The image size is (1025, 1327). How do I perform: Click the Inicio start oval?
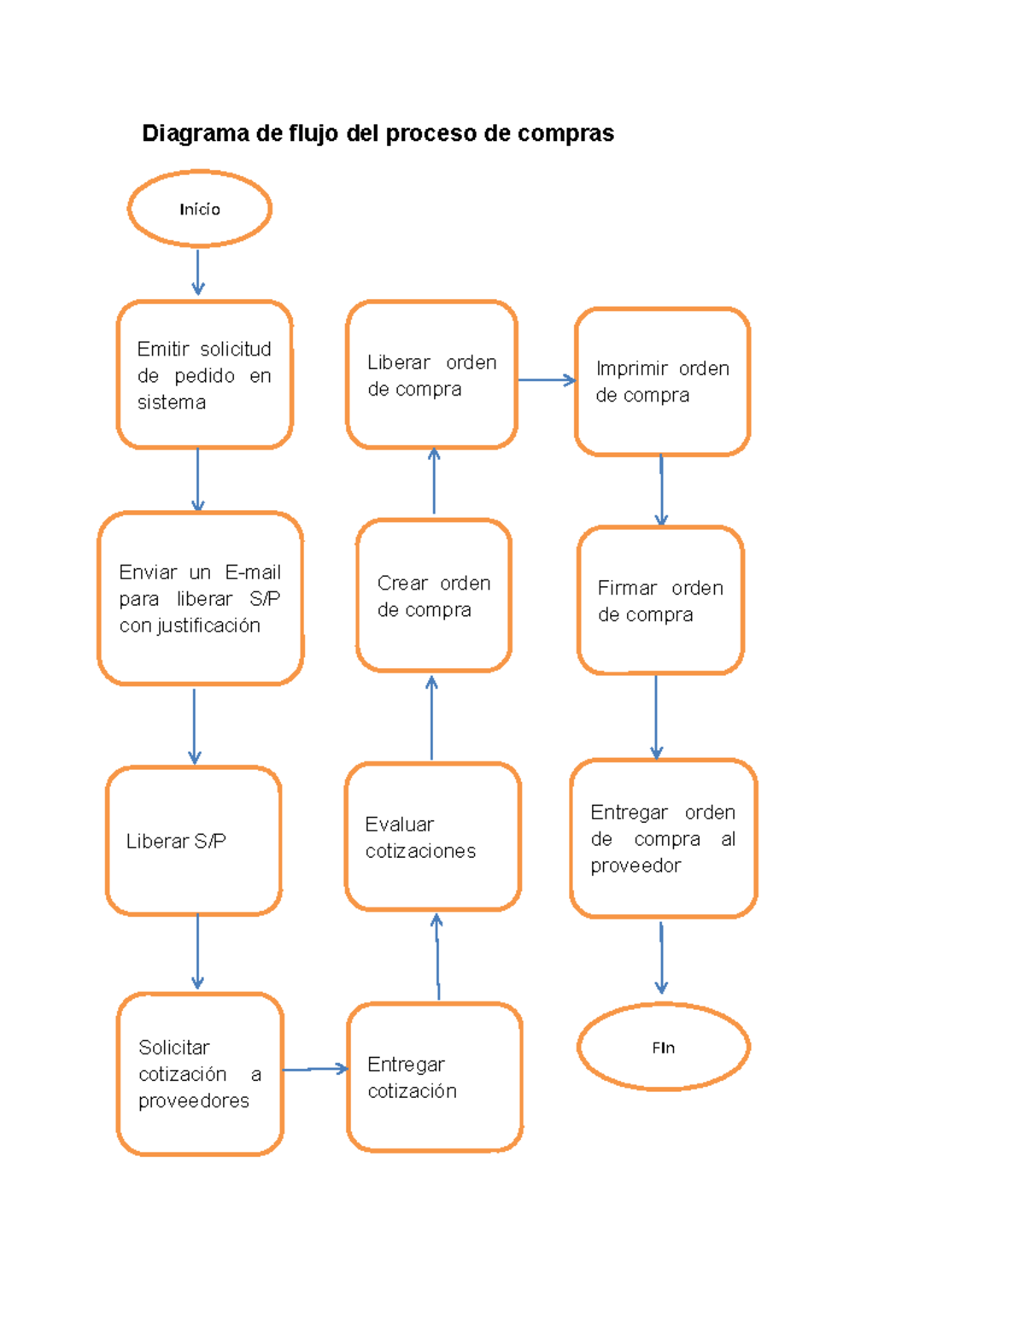[x=200, y=208]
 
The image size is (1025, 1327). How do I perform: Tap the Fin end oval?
[x=663, y=1047]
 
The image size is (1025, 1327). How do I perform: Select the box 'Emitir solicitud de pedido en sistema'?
[x=204, y=374]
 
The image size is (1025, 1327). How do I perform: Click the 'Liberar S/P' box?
[x=194, y=841]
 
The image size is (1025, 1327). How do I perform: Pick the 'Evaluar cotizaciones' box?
[x=433, y=837]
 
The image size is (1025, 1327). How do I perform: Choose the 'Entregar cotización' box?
[x=435, y=1077]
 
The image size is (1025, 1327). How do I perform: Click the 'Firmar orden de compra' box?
[x=660, y=601]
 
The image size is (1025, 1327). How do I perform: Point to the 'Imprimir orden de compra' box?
[x=662, y=381]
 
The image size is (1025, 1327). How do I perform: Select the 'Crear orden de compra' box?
[x=434, y=596]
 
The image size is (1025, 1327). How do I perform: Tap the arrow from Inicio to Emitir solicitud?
[x=198, y=272]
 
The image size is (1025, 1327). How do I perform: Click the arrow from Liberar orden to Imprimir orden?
[x=546, y=380]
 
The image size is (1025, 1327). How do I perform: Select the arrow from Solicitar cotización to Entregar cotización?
[x=314, y=1069]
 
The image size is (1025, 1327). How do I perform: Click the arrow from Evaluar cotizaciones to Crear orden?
[x=431, y=718]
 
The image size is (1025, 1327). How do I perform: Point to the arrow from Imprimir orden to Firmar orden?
[x=661, y=490]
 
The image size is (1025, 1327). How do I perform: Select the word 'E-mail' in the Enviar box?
[x=253, y=572]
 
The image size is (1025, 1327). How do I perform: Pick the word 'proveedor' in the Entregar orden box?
[x=635, y=866]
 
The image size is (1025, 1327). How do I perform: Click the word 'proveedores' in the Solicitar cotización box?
[x=194, y=1101]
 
